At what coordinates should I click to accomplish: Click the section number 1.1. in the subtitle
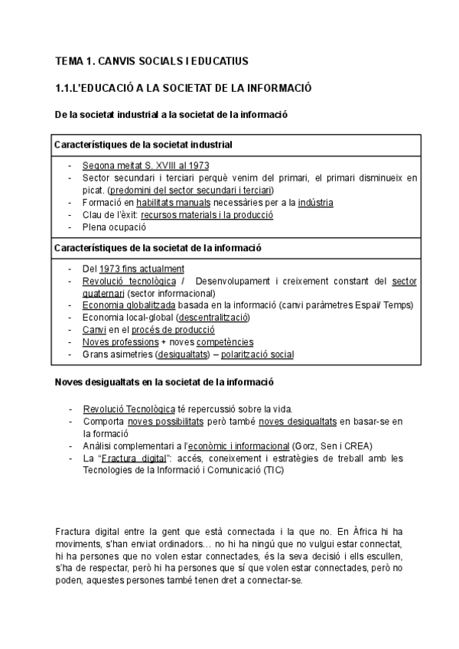(66, 88)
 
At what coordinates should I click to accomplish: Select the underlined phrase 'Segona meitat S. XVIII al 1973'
(145, 165)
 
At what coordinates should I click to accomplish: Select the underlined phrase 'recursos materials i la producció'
(207, 214)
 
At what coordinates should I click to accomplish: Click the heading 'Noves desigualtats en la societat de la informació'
(164, 381)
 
